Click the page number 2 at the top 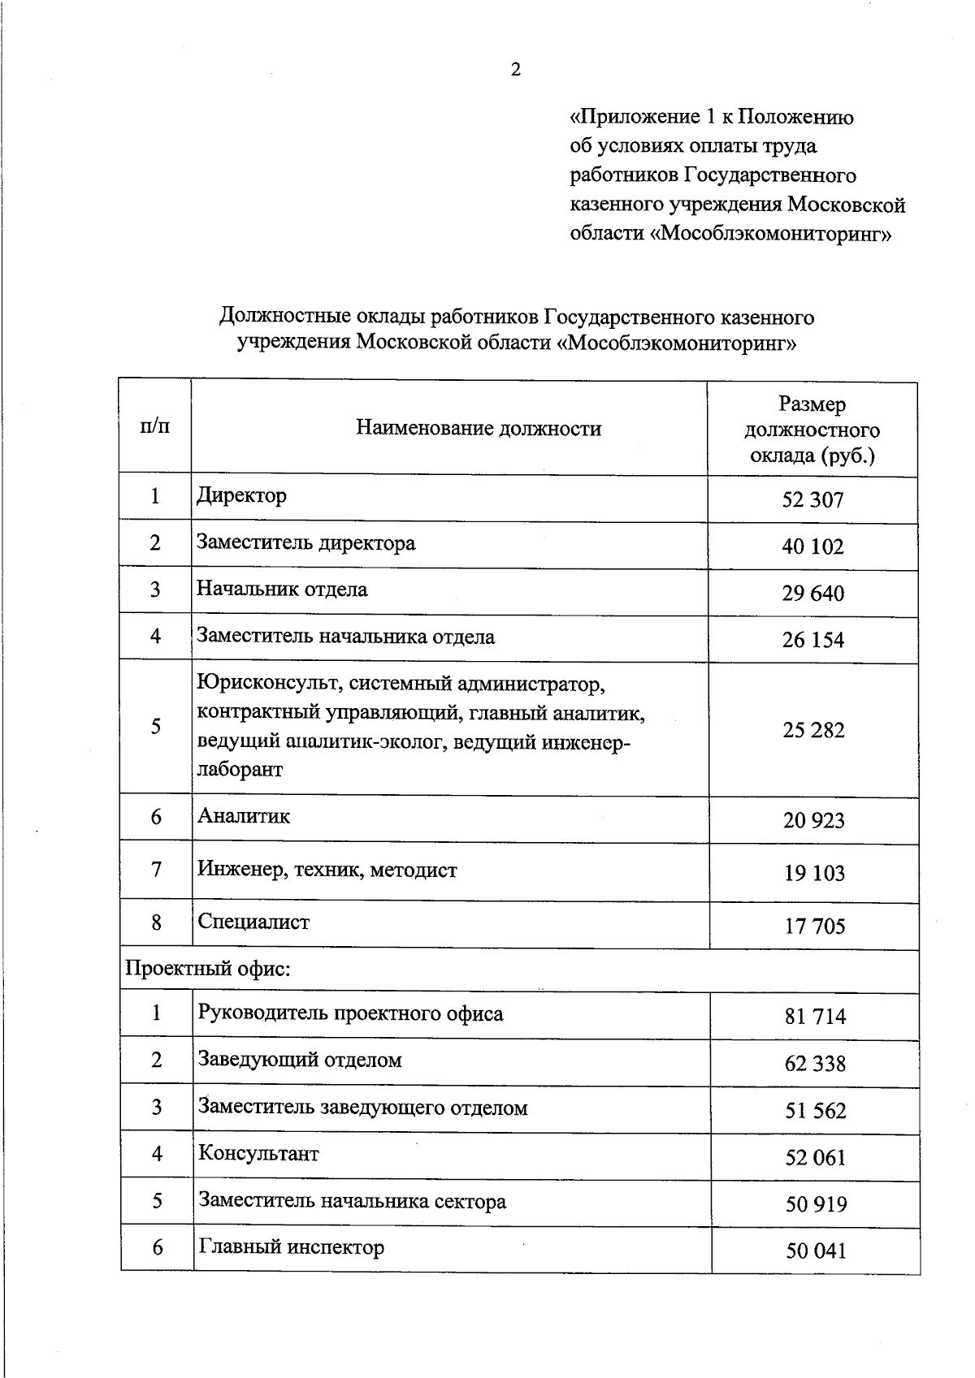515,71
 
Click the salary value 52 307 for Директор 812,500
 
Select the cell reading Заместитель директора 306,542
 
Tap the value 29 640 812,594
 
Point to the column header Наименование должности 479,428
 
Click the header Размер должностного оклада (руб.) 812,430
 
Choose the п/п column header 155,426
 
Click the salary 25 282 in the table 813,730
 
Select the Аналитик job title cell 244,816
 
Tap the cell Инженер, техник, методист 327,870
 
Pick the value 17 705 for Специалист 814,927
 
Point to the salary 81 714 815,1017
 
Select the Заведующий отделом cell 300,1060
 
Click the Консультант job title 258,1154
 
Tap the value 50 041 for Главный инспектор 816,1251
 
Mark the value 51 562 815,1111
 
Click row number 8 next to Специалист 156,922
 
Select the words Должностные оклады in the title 322,316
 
